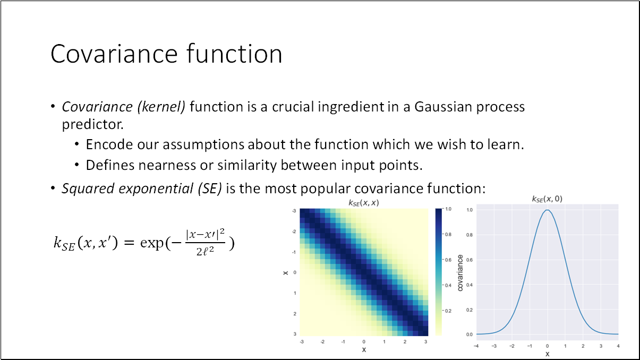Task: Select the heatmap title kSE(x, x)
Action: [x=364, y=203]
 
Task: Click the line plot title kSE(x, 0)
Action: [x=547, y=199]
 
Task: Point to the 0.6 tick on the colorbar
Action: [x=448, y=260]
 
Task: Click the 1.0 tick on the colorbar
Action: [x=448, y=209]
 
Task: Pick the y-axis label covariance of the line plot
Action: [x=460, y=272]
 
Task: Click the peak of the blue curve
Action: [x=547, y=210]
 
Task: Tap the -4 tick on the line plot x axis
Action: [x=476, y=346]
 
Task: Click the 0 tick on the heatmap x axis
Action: [x=364, y=342]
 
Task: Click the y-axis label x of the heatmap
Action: [x=286, y=272]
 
